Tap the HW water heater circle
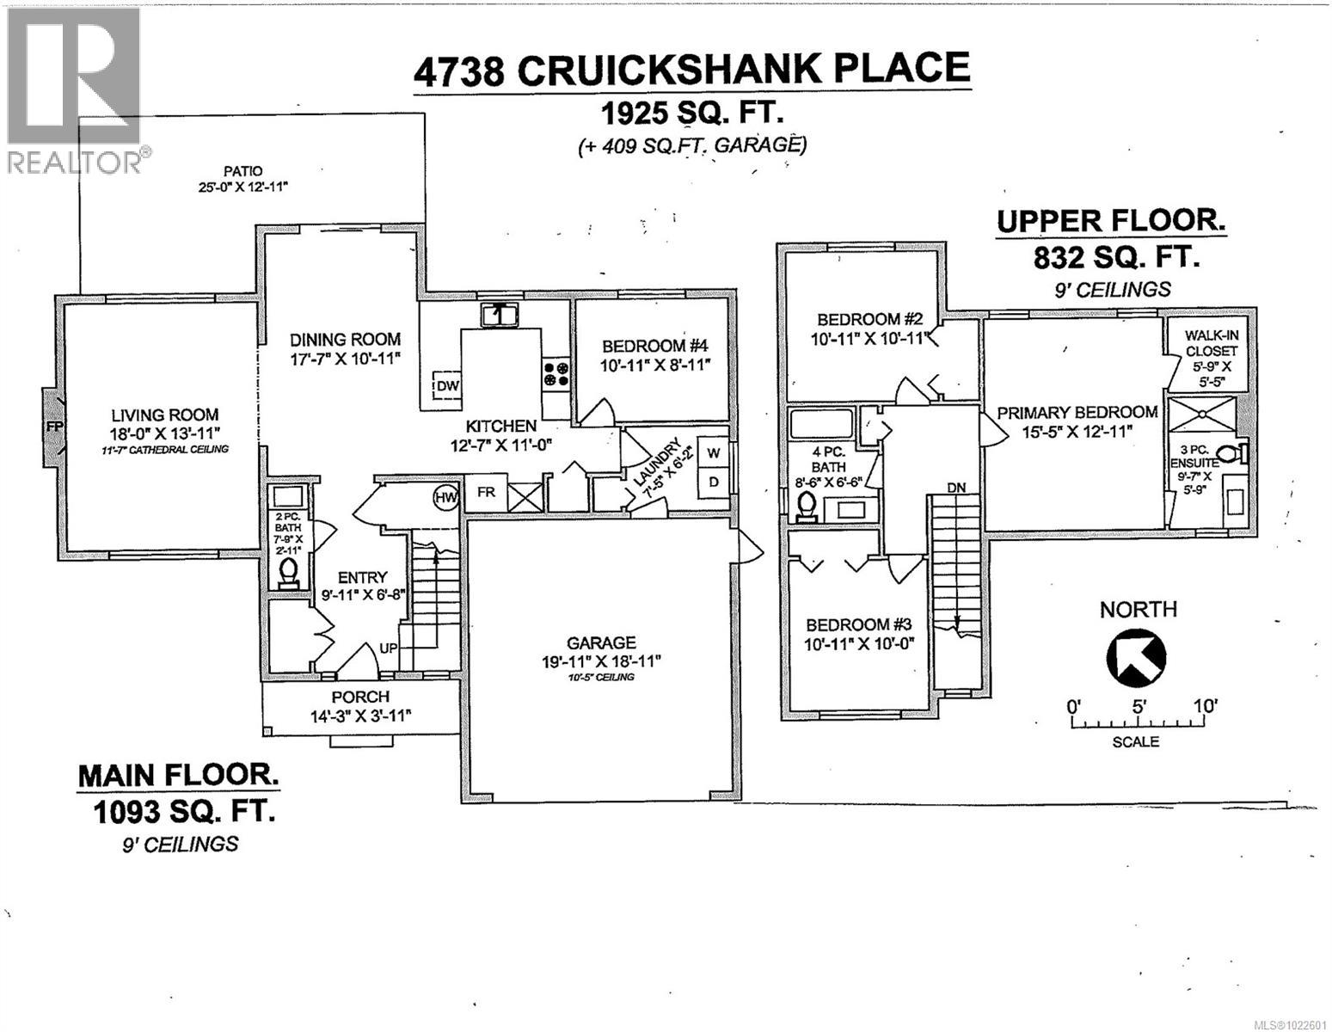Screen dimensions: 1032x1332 (x=445, y=496)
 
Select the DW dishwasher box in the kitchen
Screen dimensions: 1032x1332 (x=446, y=386)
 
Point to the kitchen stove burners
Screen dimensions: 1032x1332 (x=555, y=373)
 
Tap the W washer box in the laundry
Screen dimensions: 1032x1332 (x=713, y=451)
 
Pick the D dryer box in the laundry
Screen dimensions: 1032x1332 (x=713, y=481)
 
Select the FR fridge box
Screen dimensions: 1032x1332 (x=486, y=493)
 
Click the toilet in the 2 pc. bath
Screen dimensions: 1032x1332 (x=288, y=571)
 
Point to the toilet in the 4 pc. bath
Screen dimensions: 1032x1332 (x=806, y=510)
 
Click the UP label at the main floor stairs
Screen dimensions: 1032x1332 (x=389, y=648)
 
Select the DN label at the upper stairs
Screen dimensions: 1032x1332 (x=955, y=487)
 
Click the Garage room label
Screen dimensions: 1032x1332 (x=601, y=642)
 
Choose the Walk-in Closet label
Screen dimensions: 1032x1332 (x=1211, y=343)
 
